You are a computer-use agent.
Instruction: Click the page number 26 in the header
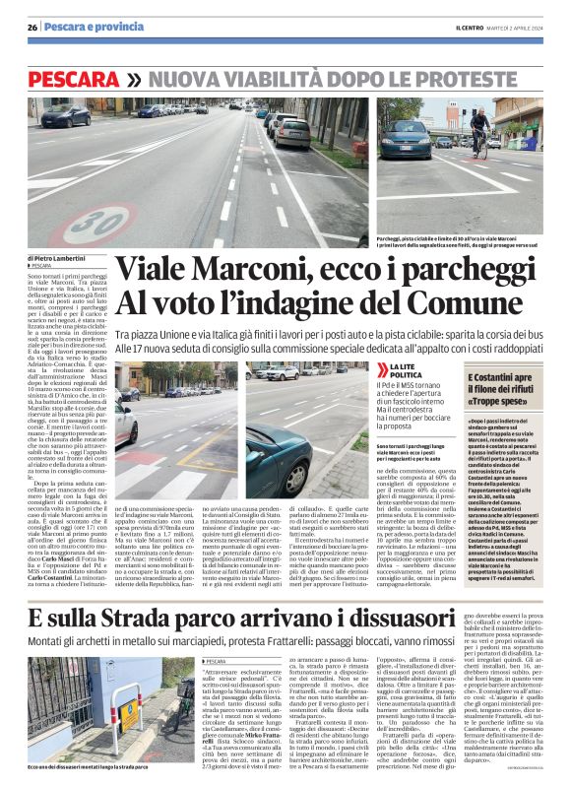click(32, 26)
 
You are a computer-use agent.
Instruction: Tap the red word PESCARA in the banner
click(75, 78)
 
